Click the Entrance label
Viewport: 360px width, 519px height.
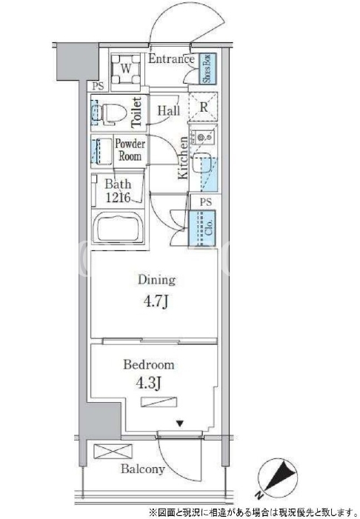171,59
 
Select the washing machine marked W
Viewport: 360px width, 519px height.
125,69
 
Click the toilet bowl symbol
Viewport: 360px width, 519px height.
112,113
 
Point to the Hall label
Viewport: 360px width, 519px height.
169,110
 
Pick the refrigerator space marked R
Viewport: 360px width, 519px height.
203,107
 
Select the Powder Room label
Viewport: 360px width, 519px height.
130,150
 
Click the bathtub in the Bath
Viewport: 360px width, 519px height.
118,228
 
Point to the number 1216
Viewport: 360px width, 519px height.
118,197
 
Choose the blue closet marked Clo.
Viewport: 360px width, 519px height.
202,228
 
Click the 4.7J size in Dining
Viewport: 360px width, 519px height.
156,301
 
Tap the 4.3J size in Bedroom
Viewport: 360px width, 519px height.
149,384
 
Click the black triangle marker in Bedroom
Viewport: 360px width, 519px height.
180,423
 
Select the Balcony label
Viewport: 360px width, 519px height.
143,469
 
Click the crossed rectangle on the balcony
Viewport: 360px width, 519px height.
113,452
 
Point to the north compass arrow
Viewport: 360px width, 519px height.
277,475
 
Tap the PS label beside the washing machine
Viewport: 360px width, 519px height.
98,87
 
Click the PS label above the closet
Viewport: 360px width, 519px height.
206,201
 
